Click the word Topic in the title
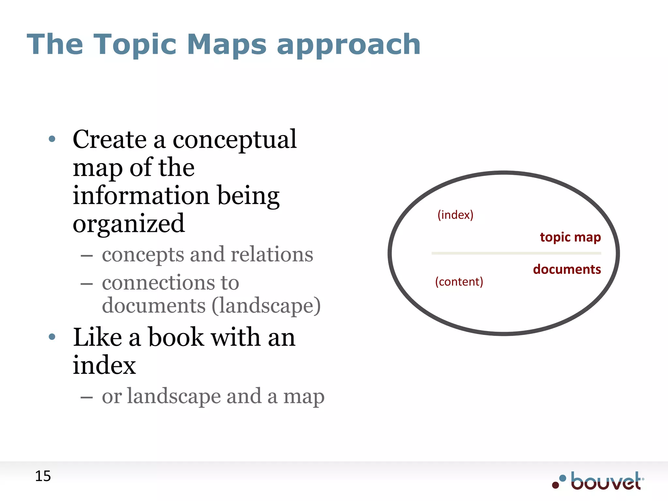pyautogui.click(x=135, y=45)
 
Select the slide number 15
pyautogui.click(x=43, y=476)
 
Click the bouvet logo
pyautogui.click(x=598, y=481)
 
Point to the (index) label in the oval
pyautogui.click(x=455, y=215)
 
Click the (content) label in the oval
pyautogui.click(x=459, y=281)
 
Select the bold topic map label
pyautogui.click(x=570, y=237)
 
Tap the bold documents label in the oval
pyautogui.click(x=567, y=269)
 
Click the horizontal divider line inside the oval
pyautogui.click(x=516, y=253)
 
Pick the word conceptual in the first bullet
pyautogui.click(x=235, y=140)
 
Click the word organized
pyautogui.click(x=129, y=224)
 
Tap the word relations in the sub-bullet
pyautogui.click(x=272, y=254)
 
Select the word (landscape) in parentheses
pyautogui.click(x=266, y=306)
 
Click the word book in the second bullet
pyautogui.click(x=176, y=337)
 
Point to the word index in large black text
pyautogui.click(x=104, y=365)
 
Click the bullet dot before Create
pyautogui.click(x=52, y=139)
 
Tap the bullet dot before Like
pyautogui.click(x=52, y=337)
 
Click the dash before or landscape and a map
pyautogui.click(x=87, y=398)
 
